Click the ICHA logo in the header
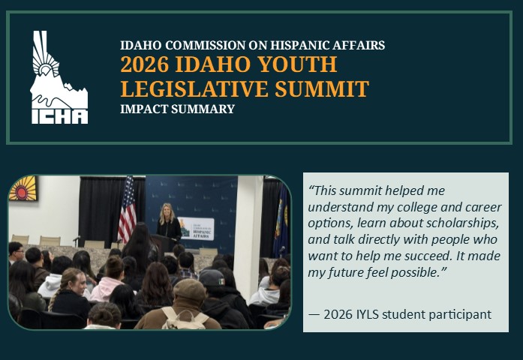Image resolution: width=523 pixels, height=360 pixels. tap(59, 78)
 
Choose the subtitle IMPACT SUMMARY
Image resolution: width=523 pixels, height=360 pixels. tap(177, 109)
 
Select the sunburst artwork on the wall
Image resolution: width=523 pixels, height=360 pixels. tap(22, 189)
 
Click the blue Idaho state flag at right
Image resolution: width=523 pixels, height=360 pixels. tap(283, 217)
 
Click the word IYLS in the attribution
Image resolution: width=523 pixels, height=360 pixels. tap(375, 313)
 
